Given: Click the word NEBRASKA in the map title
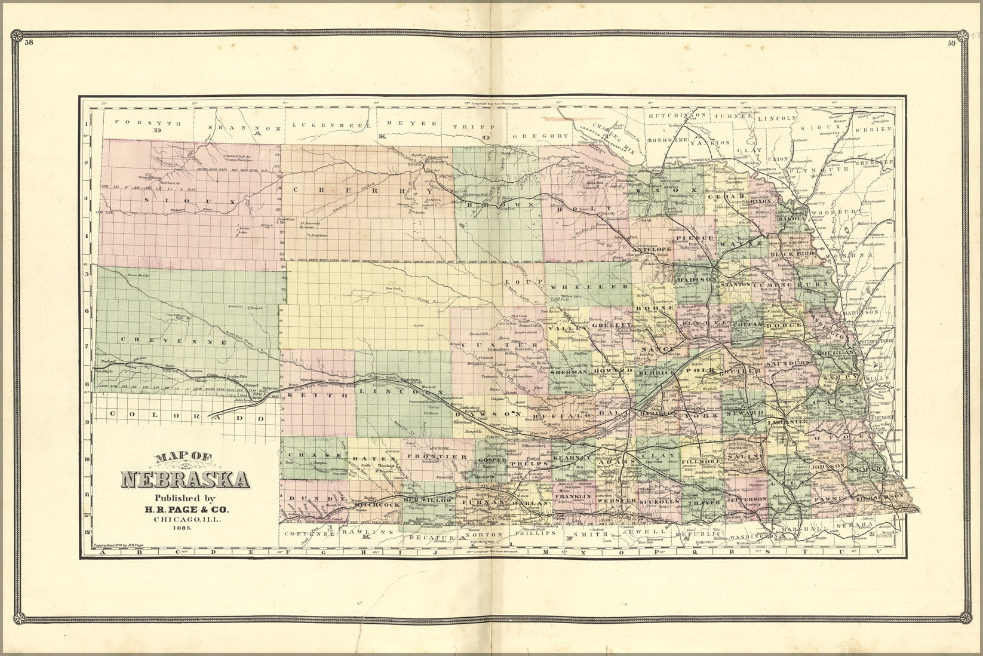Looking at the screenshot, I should tap(185, 479).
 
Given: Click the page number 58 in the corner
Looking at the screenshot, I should tap(29, 42).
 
